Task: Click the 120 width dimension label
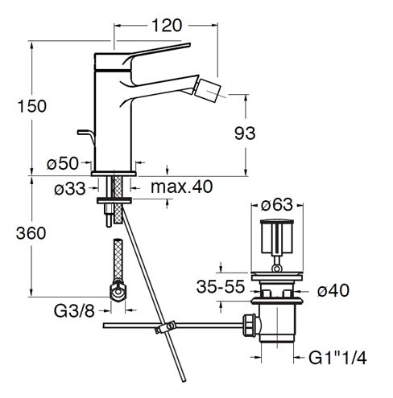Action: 167,26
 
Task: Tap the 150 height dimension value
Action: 31,106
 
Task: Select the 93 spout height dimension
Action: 245,133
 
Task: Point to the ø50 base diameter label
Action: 63,163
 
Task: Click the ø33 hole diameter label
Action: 70,188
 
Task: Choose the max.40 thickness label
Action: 182,187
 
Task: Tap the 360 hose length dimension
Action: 31,233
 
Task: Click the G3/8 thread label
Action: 74,311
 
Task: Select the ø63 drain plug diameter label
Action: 277,205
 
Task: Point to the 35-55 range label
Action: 221,286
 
